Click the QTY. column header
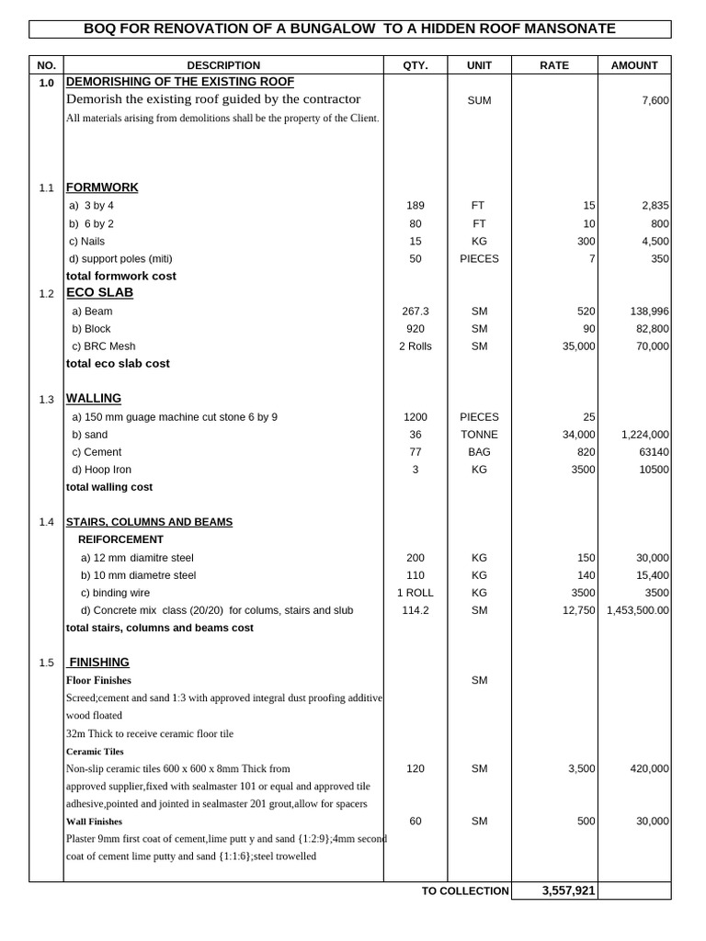point(416,65)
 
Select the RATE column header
point(553,65)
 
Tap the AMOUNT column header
point(634,65)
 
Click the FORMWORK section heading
point(102,187)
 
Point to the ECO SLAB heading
point(99,292)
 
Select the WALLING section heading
point(94,398)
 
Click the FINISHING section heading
point(99,662)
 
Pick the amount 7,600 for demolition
point(655,100)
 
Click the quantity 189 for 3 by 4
point(416,206)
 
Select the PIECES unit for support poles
point(479,259)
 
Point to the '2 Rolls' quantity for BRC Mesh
point(416,346)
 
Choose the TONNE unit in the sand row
point(479,435)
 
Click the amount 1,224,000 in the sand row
point(645,435)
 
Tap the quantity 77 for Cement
point(416,452)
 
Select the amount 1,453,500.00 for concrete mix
point(638,610)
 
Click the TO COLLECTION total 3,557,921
point(568,890)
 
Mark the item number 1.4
point(47,522)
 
